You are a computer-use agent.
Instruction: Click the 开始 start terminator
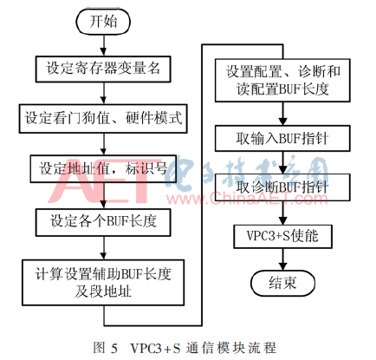(x=103, y=22)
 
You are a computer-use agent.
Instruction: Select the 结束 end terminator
(x=282, y=284)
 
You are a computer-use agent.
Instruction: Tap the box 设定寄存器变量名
(x=103, y=69)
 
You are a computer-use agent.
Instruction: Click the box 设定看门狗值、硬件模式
(x=103, y=119)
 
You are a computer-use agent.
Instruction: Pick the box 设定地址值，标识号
(x=103, y=169)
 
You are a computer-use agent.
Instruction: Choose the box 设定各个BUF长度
(x=103, y=222)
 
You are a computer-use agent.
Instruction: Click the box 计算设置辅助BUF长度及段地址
(x=103, y=283)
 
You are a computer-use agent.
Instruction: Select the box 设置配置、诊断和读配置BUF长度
(x=282, y=81)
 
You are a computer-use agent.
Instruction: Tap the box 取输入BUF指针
(x=282, y=139)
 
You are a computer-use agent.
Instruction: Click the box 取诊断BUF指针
(x=282, y=187)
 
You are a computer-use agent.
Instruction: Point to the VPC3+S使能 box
(x=282, y=237)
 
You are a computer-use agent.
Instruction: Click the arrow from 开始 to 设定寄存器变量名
(x=104, y=45)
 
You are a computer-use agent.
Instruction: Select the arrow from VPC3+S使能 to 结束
(x=283, y=259)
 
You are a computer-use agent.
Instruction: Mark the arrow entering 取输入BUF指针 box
(x=283, y=114)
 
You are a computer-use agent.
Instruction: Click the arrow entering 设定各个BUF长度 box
(x=104, y=196)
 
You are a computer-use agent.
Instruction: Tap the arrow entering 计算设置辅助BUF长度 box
(x=104, y=248)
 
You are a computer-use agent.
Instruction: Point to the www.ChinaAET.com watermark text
(x=247, y=199)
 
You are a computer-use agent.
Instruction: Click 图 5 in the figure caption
(x=105, y=348)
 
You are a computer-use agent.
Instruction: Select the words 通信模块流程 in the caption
(x=231, y=348)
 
